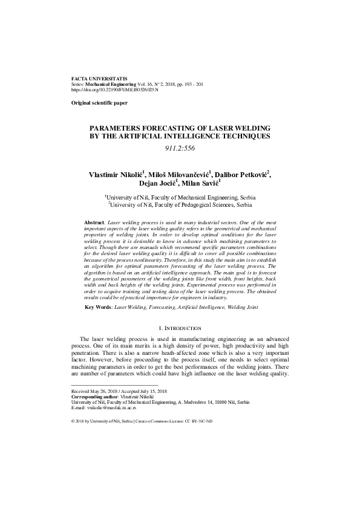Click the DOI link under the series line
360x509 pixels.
tap(114, 89)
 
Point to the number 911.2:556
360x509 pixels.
tap(180, 149)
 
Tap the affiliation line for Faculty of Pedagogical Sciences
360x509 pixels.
tap(180, 204)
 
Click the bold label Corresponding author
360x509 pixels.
tap(96, 397)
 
